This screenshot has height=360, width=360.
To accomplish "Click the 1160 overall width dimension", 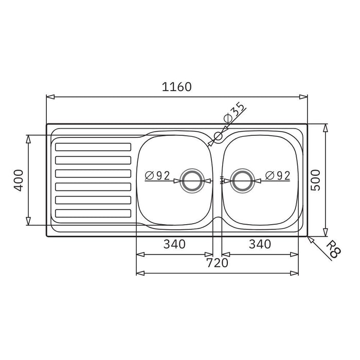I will [x=177, y=87].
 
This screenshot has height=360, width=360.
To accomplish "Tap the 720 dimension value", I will [x=217, y=263].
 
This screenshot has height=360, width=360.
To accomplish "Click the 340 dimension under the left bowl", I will [x=174, y=244].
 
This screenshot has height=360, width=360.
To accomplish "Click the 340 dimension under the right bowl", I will [x=260, y=244].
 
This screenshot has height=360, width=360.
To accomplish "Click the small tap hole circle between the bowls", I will [x=218, y=136].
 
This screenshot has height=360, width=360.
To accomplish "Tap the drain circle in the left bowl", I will [x=193, y=180].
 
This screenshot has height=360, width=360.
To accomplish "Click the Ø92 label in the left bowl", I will [x=157, y=175].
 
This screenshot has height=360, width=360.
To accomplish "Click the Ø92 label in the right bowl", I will [x=278, y=175].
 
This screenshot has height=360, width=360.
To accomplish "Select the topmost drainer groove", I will [x=93, y=147].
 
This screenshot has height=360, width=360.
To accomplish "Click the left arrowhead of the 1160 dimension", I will [x=49, y=96].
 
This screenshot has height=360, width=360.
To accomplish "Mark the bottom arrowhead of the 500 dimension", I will [x=325, y=232].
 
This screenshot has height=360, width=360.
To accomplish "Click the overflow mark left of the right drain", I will [x=222, y=180].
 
